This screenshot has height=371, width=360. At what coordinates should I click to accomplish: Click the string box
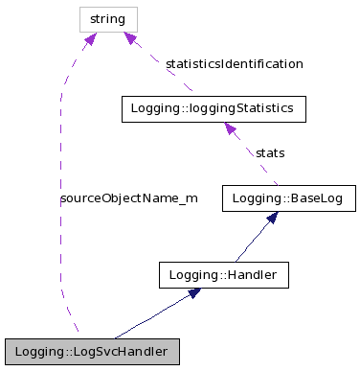click(107, 18)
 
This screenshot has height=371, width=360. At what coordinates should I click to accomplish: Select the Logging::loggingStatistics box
click(214, 109)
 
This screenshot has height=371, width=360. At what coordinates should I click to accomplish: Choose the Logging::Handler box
click(223, 275)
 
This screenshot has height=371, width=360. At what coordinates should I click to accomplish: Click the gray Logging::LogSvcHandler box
click(91, 352)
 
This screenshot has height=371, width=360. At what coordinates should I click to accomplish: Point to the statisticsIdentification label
click(234, 64)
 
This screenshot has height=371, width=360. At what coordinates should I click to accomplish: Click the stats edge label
click(269, 152)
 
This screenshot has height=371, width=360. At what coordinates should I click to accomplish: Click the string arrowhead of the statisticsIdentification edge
click(129, 38)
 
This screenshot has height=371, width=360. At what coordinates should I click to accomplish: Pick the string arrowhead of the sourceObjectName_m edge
click(90, 39)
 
